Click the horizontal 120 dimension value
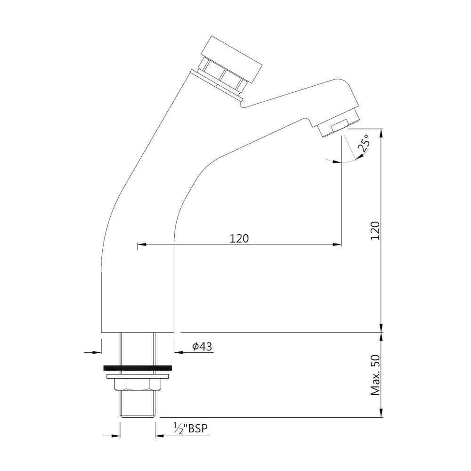tap(239, 238)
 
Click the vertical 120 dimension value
tap(375, 230)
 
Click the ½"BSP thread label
tap(190, 428)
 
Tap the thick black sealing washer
tap(137, 367)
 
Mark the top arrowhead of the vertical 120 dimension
tap(382, 131)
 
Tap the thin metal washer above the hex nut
tap(137, 376)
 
